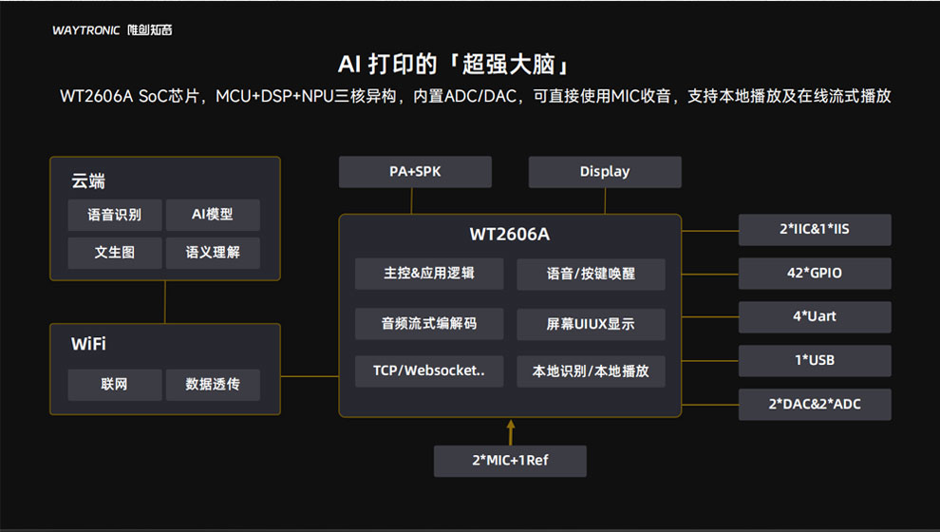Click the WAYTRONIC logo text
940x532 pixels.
86,30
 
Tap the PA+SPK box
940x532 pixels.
415,172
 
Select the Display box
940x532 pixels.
605,172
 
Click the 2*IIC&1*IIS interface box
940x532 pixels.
815,230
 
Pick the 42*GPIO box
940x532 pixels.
815,274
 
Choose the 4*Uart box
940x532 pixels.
815,317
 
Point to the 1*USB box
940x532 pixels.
815,361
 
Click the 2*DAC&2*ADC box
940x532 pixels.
815,405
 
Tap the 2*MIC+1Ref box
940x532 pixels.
510,461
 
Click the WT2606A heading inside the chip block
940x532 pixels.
510,234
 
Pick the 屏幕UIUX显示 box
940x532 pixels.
591,324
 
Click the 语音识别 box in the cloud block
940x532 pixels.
114,215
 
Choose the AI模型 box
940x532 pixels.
212,215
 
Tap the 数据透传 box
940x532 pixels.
212,385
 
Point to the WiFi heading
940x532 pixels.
88,344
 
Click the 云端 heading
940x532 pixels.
88,181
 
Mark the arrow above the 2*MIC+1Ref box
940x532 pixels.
510,431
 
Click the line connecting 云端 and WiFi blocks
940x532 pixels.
165,302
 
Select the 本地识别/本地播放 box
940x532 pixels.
591,370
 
